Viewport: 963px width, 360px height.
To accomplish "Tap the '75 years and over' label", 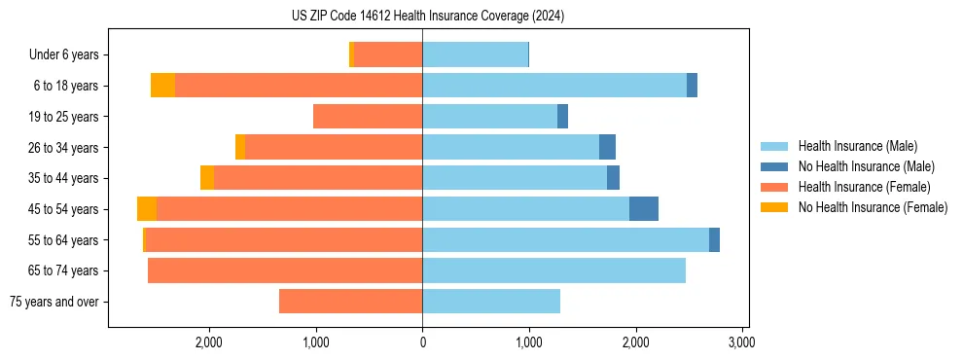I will (x=53, y=302).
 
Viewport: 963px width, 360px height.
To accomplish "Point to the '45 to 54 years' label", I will (x=64, y=209).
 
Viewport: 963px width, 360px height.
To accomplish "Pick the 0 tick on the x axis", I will (x=422, y=342).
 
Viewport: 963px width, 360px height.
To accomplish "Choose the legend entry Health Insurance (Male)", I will (x=856, y=146).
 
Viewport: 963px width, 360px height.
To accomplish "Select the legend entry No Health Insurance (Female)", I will (x=872, y=207).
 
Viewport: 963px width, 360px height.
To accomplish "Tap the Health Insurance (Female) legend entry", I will (x=863, y=187).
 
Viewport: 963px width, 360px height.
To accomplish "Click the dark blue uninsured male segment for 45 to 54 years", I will (x=643, y=209).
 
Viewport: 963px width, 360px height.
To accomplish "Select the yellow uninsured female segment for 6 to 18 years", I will (x=162, y=86).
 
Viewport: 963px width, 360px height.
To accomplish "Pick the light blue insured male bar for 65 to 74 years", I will (x=553, y=270).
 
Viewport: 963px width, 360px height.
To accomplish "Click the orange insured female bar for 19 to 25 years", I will (x=368, y=117).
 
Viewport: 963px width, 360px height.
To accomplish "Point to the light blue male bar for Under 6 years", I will (x=475, y=55).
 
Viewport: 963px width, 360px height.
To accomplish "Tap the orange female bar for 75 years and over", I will (x=350, y=302).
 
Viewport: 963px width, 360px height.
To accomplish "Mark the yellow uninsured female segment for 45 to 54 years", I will (x=147, y=209).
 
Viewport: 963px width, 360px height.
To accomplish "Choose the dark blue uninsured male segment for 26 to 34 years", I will (x=607, y=147).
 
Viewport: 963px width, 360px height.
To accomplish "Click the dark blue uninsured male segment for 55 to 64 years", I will (x=714, y=239).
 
